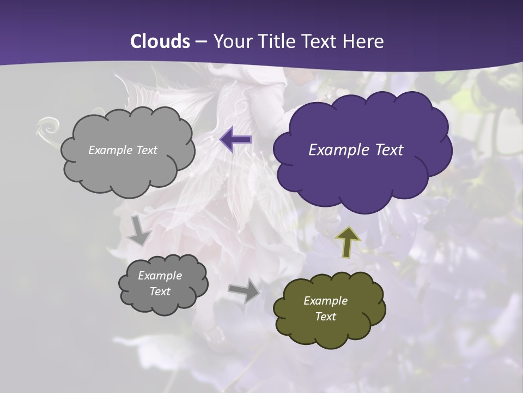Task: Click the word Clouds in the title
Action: pyautogui.click(x=161, y=41)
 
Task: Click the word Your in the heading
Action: pyautogui.click(x=233, y=41)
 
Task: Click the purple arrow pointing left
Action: pyautogui.click(x=236, y=140)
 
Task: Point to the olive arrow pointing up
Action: pyautogui.click(x=348, y=241)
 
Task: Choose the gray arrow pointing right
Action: pyautogui.click(x=245, y=290)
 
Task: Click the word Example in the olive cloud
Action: pyautogui.click(x=325, y=301)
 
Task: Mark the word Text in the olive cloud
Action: pyautogui.click(x=325, y=317)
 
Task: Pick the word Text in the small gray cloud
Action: pyautogui.click(x=160, y=291)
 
